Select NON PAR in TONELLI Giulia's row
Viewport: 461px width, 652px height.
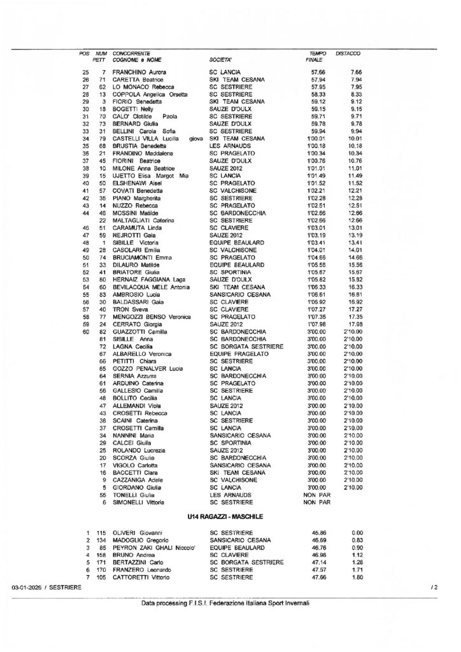pyautogui.click(x=316, y=494)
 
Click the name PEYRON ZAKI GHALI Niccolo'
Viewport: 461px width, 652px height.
pyautogui.click(x=152, y=547)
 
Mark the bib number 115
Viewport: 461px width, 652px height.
pyautogui.click(x=100, y=532)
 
